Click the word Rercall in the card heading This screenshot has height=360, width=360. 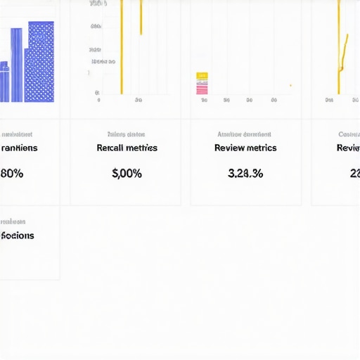coord(112,148)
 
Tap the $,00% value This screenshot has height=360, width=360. coord(127,174)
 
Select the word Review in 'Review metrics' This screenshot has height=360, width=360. coord(230,148)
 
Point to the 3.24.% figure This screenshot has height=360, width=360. coord(245,174)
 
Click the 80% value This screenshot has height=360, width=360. coord(12,174)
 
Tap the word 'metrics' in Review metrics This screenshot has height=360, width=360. coord(262,148)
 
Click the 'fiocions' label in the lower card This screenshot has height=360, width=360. coord(18,236)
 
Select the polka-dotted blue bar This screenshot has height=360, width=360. coord(41,62)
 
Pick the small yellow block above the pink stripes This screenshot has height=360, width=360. coord(202,75)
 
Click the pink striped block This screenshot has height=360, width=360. coord(202,87)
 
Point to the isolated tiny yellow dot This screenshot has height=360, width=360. coord(290,86)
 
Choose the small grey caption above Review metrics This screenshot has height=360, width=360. coord(245,134)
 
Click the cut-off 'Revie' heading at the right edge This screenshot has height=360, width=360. coord(349,148)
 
